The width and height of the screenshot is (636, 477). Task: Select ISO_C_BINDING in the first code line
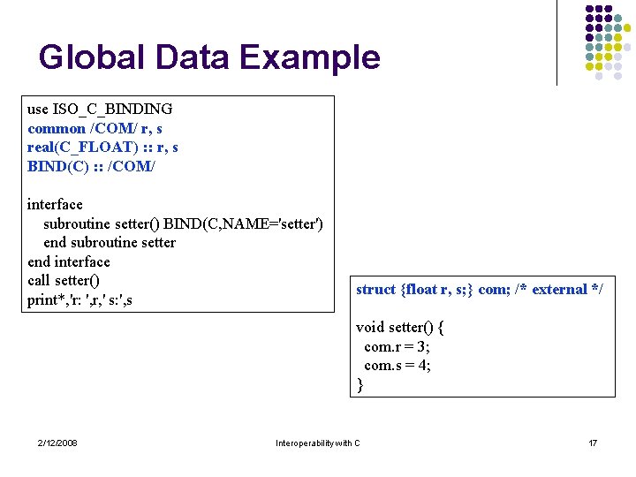tap(112, 110)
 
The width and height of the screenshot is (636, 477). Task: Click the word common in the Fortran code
tap(57, 129)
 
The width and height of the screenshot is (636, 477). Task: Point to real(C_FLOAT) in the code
tap(69, 148)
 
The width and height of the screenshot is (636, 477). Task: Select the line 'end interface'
tap(69, 261)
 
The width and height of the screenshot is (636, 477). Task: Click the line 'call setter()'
tap(63, 281)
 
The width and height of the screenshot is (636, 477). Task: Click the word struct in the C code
tap(376, 290)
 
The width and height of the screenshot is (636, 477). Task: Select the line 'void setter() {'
tap(399, 328)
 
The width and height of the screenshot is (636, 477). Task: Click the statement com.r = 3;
tap(397, 346)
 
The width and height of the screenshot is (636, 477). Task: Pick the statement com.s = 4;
tap(397, 366)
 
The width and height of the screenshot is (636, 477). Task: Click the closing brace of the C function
tap(360, 384)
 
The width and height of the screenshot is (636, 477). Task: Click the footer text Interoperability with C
tap(318, 443)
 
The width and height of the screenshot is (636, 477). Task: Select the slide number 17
tap(593, 443)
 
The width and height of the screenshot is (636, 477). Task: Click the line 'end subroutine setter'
tap(110, 243)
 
